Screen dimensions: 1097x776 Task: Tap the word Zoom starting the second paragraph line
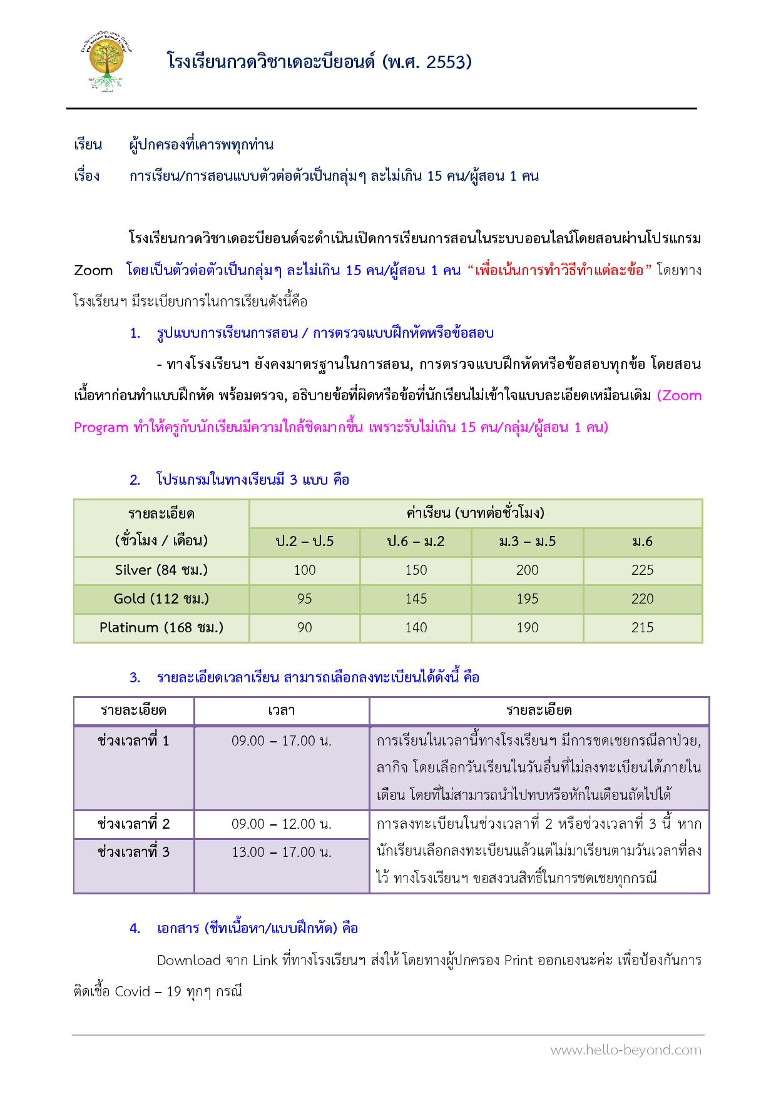click(x=93, y=271)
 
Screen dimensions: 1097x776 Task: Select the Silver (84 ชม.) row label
click(x=161, y=570)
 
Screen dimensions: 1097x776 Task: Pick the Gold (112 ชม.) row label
click(x=161, y=599)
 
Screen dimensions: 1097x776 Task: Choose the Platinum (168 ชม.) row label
click(x=161, y=627)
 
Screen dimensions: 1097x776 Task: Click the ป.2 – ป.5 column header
click(x=305, y=542)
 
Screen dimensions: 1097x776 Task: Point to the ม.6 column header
click(x=643, y=542)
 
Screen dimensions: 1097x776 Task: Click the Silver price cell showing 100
click(x=305, y=570)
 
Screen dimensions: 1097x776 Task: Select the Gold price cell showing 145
click(x=416, y=599)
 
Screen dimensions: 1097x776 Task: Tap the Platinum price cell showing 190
click(x=528, y=627)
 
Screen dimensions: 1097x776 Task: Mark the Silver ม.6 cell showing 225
click(x=643, y=570)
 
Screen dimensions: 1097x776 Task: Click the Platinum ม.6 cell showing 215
click(x=643, y=627)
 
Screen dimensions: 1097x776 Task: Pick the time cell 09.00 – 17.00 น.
click(x=282, y=741)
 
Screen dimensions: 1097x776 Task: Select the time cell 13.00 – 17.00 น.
click(x=282, y=852)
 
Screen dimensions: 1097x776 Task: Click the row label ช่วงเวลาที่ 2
click(x=134, y=824)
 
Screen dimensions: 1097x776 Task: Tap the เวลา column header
click(x=282, y=710)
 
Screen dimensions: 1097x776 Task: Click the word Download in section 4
click(x=189, y=960)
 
